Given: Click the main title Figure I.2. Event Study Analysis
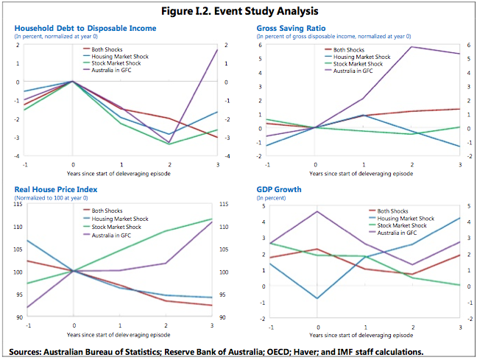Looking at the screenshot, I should (x=239, y=11).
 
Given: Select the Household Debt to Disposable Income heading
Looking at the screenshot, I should (x=85, y=28).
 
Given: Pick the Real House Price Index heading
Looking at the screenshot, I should (x=56, y=189).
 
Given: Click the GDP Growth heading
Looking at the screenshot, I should (x=278, y=189).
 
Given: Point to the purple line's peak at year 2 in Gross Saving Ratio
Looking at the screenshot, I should (x=411, y=47).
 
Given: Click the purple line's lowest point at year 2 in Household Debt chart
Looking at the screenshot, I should (x=169, y=142).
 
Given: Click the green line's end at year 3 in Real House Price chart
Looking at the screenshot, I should (x=212, y=219).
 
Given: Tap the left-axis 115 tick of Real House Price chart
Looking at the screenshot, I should (x=18, y=204).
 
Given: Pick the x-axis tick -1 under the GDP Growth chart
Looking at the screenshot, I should (x=271, y=325).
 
